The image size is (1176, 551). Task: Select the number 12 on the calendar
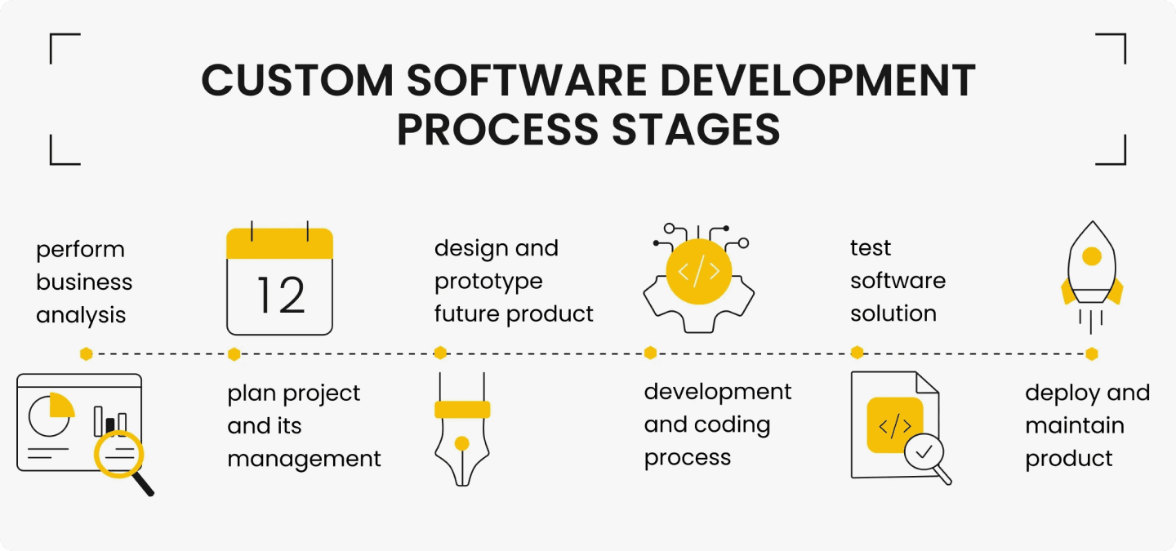pos(280,295)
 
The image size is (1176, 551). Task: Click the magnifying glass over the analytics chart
pos(119,454)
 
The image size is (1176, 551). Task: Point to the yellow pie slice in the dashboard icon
pos(61,405)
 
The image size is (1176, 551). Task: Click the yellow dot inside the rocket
pos(1092,256)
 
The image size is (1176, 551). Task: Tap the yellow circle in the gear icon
pos(698,272)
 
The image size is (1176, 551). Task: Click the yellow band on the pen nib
pos(462,410)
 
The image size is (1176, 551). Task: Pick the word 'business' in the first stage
pos(84,282)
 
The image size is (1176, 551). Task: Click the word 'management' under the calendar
pos(305,459)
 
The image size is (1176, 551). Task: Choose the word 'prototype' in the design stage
pos(488,282)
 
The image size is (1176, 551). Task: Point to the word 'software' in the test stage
pos(898,281)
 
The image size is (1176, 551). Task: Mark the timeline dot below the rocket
pos(1092,353)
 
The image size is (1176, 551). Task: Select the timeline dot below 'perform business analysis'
pos(86,353)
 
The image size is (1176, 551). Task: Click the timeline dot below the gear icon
pos(650,353)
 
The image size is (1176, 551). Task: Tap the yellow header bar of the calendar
pos(279,244)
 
